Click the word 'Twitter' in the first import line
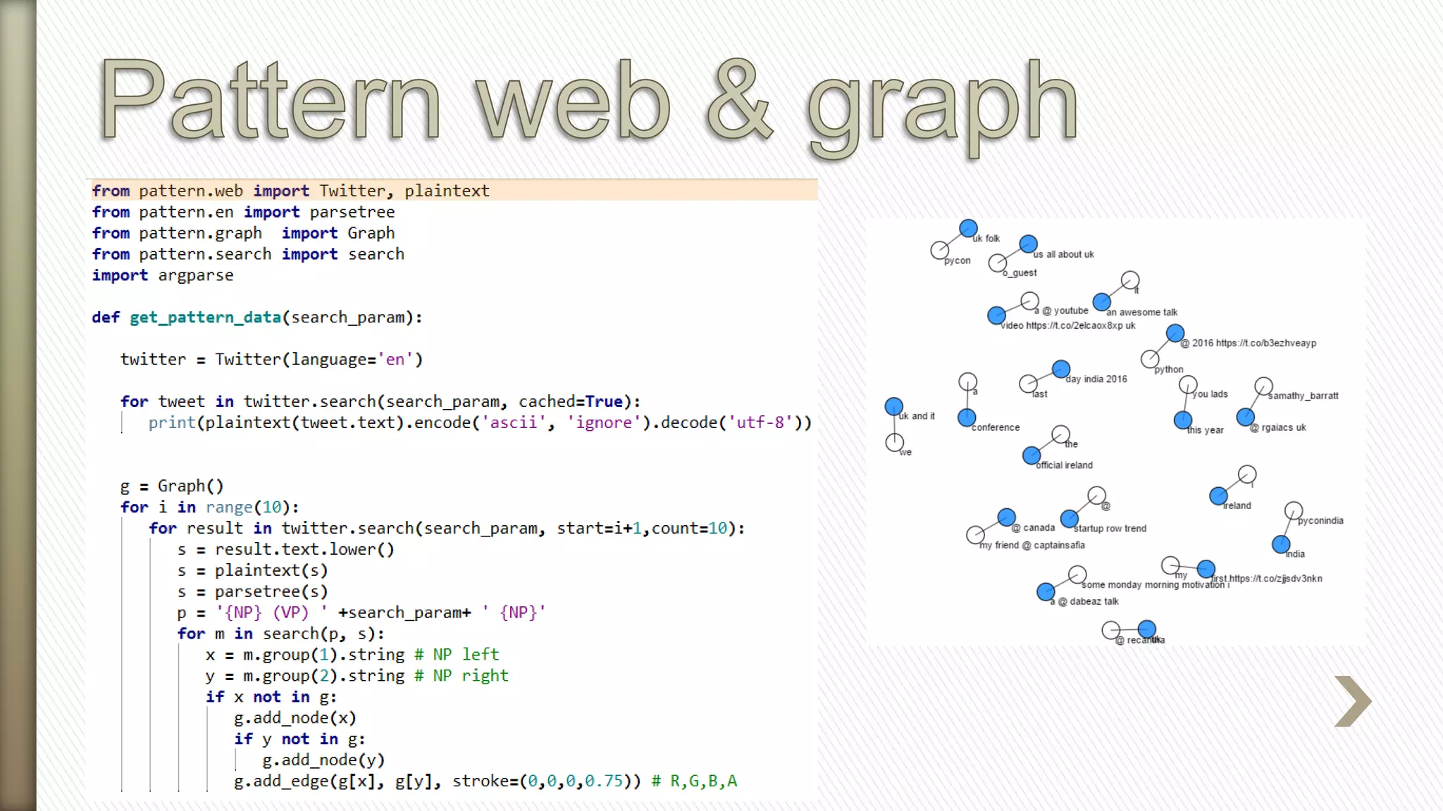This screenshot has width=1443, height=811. point(352,191)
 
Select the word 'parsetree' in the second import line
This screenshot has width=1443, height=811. point(352,212)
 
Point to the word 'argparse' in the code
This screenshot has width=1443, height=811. point(195,275)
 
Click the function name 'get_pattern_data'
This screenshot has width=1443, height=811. point(205,318)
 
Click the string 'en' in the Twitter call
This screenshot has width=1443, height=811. point(395,360)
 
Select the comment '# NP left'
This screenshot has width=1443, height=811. point(457,655)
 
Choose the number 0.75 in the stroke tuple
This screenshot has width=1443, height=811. point(604,781)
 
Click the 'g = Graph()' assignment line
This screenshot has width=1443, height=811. point(172,486)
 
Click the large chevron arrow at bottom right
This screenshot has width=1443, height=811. point(1352,701)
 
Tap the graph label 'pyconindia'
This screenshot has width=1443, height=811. point(1320,521)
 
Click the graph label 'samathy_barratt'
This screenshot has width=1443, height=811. point(1303,396)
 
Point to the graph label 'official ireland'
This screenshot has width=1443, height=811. point(1064,465)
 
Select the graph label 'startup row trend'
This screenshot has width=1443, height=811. point(1110,529)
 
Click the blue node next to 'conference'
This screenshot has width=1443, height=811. point(967,417)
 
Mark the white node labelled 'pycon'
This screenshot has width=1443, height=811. point(939,250)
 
